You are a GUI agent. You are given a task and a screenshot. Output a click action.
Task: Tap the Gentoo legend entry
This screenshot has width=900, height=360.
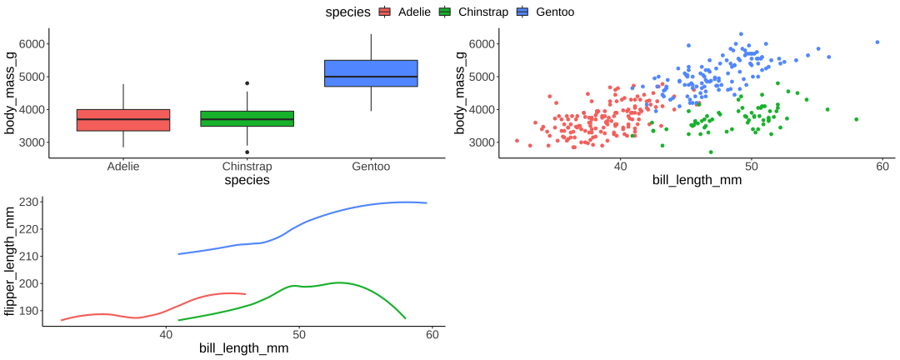point(545,12)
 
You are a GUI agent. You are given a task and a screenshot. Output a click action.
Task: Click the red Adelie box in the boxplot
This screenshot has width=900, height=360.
point(123,120)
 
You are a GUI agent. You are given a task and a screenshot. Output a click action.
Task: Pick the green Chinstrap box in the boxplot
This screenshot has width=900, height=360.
point(247,119)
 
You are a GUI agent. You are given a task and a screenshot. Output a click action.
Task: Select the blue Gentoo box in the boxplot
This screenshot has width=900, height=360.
point(371,73)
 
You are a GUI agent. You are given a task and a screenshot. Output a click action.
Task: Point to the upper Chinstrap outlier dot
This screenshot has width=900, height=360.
point(247,83)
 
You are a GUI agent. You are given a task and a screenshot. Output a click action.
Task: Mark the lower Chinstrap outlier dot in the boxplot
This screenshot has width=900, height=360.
point(247,152)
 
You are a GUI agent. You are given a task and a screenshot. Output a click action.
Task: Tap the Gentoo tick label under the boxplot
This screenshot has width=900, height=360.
point(371,167)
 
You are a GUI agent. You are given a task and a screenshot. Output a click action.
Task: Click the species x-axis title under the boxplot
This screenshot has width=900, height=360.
point(247,180)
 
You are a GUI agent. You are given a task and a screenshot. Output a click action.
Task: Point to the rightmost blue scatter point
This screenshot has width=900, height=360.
point(877,42)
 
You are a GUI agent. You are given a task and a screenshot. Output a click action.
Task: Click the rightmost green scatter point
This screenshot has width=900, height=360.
point(856,119)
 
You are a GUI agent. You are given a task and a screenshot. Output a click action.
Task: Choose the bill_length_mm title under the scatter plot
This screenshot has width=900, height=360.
point(697,180)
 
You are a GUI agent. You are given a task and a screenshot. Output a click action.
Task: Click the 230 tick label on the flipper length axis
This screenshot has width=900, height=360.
point(28,202)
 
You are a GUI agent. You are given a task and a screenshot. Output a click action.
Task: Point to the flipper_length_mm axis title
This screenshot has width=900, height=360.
point(10,262)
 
